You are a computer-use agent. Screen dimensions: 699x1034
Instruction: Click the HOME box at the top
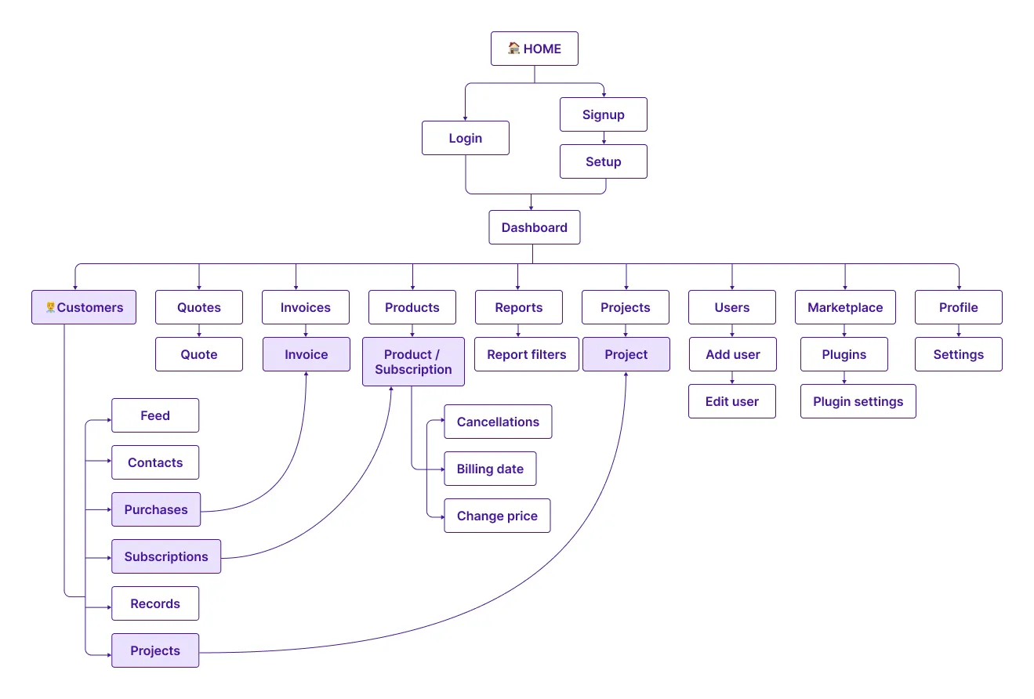(x=535, y=49)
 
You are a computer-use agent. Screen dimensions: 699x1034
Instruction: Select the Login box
(x=465, y=138)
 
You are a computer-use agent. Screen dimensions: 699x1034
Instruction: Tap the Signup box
(x=603, y=114)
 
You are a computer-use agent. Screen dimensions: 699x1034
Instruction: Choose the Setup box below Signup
(x=603, y=161)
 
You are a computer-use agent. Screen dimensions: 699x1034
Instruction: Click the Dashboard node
(x=534, y=227)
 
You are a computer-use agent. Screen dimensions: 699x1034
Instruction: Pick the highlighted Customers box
(x=84, y=307)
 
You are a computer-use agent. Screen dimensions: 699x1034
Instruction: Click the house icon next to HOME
(x=514, y=49)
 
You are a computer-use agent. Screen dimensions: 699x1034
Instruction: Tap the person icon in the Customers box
(x=51, y=307)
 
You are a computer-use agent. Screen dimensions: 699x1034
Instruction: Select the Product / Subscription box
(x=413, y=362)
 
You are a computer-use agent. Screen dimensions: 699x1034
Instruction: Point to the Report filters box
(x=526, y=354)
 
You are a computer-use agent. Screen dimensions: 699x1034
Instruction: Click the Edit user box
(x=731, y=401)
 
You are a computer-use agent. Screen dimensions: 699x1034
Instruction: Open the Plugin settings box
(x=858, y=401)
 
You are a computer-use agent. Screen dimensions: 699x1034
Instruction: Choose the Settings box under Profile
(x=958, y=354)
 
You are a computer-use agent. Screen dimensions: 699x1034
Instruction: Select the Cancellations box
(x=498, y=422)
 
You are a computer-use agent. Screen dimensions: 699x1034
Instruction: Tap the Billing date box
(x=490, y=469)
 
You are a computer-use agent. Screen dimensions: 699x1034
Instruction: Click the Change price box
(x=497, y=516)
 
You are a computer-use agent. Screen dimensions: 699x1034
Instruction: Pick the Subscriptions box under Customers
(x=166, y=556)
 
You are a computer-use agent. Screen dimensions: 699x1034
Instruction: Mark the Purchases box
(x=155, y=509)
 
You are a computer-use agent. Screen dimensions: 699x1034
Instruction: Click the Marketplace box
(x=844, y=307)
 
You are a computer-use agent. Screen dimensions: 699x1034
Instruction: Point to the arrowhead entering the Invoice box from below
(x=306, y=375)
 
